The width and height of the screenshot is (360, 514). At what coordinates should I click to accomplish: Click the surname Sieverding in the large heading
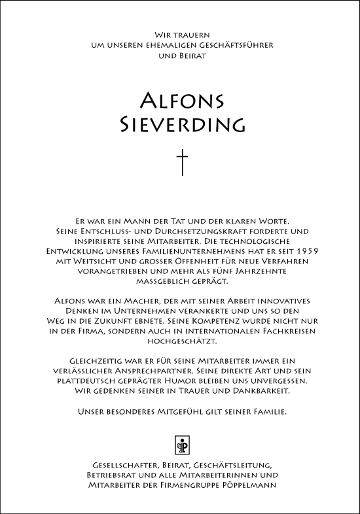tap(182, 124)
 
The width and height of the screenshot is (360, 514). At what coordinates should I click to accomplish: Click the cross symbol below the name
tap(182, 162)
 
